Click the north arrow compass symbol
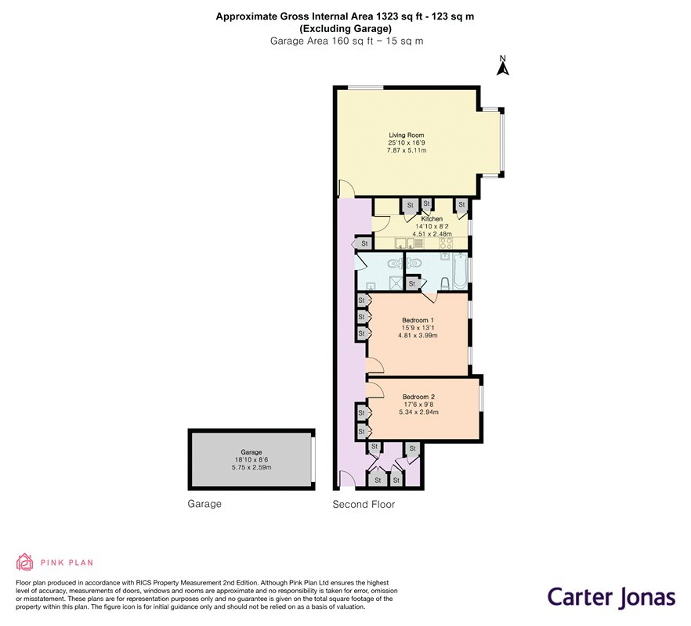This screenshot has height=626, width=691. [503, 66]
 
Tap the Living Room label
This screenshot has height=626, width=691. [407, 135]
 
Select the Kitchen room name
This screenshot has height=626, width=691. [432, 219]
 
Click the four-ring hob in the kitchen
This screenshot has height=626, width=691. [446, 243]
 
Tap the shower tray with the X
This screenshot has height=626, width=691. [396, 283]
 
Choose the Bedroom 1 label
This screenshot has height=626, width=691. [418, 320]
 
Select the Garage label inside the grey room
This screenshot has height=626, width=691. [251, 452]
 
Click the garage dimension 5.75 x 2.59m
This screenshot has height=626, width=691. [251, 467]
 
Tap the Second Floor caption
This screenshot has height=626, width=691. [364, 505]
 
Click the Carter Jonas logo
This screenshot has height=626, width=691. [611, 598]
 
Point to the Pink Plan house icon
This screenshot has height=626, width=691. [25, 562]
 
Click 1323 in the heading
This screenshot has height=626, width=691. [386, 16]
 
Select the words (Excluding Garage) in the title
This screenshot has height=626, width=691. [345, 29]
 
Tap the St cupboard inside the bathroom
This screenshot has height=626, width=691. [412, 283]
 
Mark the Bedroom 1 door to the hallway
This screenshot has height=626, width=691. [374, 365]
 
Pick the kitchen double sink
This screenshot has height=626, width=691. [405, 243]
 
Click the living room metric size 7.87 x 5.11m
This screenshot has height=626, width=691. [407, 150]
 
